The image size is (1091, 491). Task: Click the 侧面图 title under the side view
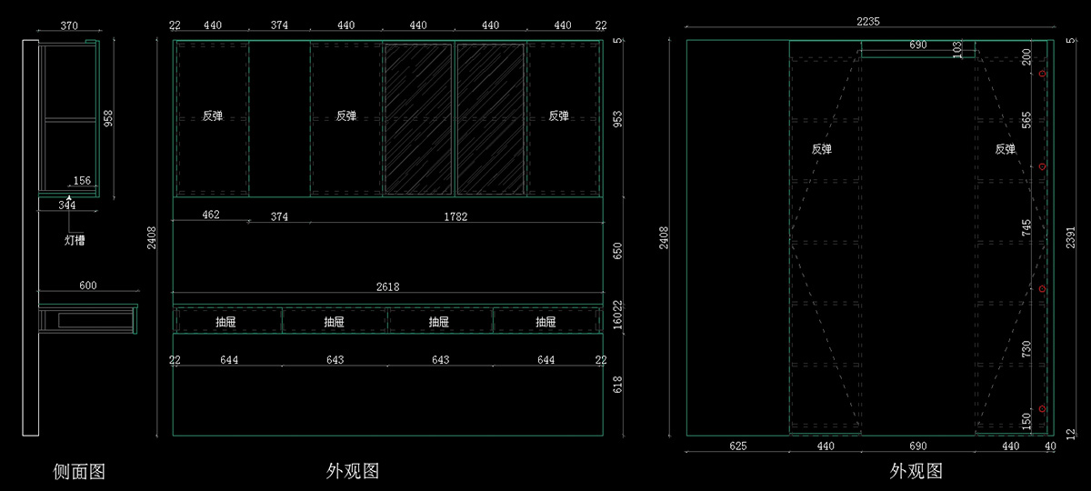pos(79,471)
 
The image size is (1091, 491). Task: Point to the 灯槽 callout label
pos(75,240)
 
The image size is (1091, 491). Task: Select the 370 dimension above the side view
pos(68,26)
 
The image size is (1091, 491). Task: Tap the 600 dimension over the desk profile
pos(87,286)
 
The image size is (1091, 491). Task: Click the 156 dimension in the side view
pos(82,181)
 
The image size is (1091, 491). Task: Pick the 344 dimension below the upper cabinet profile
pos(67,205)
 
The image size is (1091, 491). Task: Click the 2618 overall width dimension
pos(387,286)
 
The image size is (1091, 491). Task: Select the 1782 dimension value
pos(455,216)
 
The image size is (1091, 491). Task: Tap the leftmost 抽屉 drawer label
pos(227,321)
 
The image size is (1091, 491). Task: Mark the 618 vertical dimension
pos(617,385)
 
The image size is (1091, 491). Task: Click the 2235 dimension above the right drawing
pos(867,21)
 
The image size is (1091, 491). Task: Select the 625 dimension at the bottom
pos(737,446)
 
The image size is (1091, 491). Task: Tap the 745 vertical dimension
pos(1026,229)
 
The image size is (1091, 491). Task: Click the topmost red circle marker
pos(1043,73)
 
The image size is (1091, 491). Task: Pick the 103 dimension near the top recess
pos(957,49)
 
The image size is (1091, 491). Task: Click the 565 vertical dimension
pos(1026,121)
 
